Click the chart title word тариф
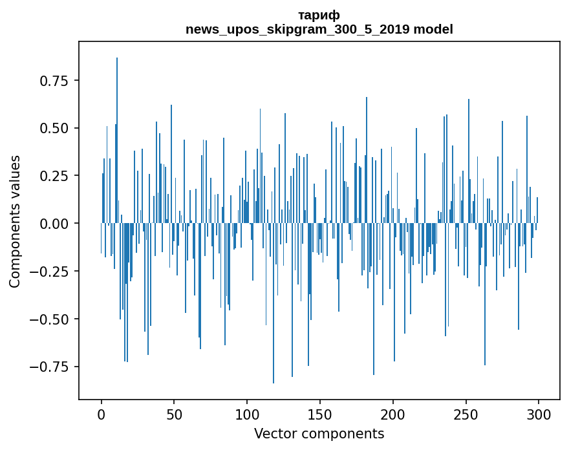pyautogui.click(x=319, y=16)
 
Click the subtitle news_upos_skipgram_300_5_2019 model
pyautogui.click(x=319, y=29)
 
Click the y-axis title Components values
pyautogui.click(x=15, y=221)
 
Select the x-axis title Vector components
pyautogui.click(x=319, y=434)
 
